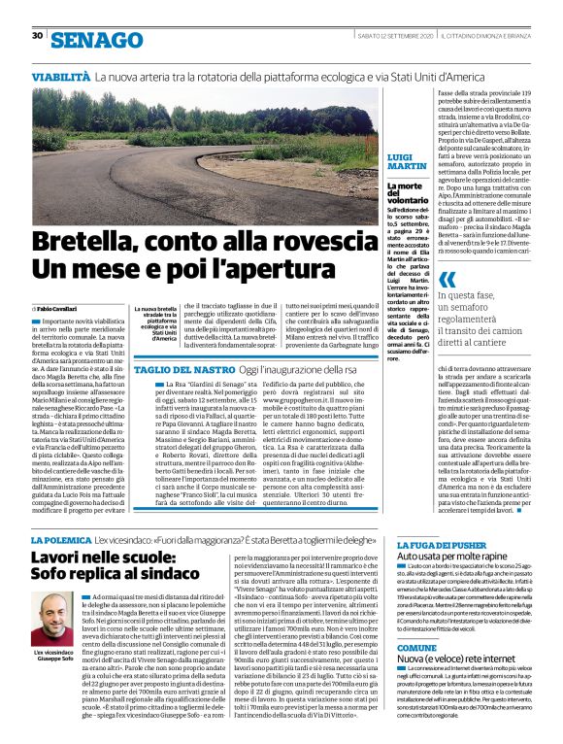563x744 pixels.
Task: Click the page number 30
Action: click(x=36, y=36)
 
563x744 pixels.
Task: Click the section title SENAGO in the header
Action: click(x=96, y=39)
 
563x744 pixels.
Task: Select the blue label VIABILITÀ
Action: click(x=61, y=75)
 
